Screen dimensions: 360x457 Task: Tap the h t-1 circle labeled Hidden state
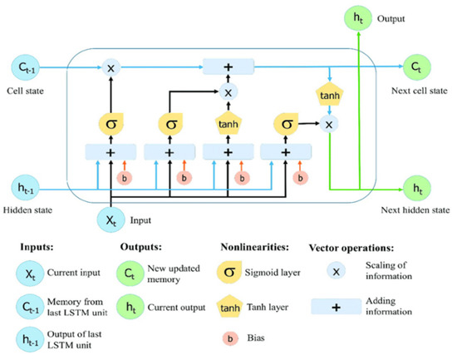coord(23,188)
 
